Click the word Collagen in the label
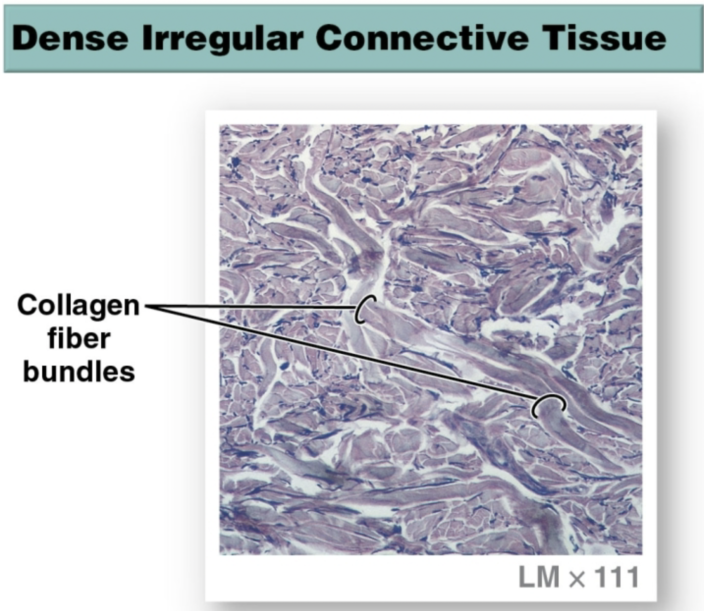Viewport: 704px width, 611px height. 78,305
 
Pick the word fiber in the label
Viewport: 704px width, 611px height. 79,339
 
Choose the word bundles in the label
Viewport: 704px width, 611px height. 79,372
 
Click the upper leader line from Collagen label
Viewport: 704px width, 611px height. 251,306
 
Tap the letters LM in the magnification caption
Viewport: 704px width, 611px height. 539,577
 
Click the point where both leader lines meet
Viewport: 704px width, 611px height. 148,306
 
